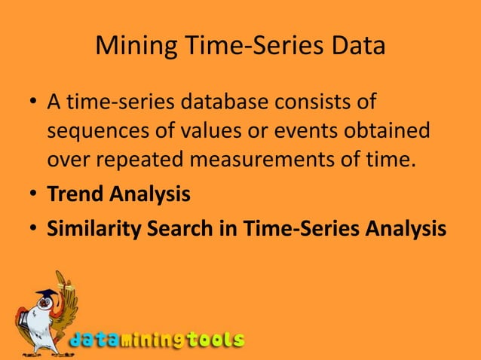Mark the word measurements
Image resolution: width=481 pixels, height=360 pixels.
[267, 160]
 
